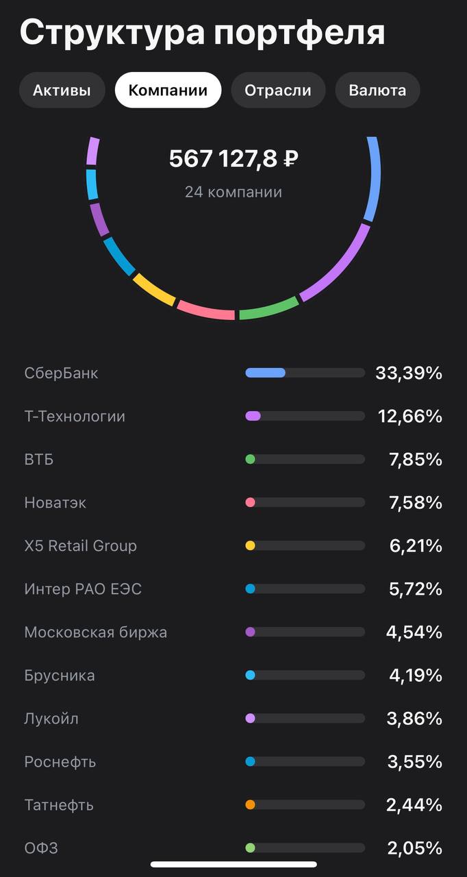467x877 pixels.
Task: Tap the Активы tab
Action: [x=62, y=90]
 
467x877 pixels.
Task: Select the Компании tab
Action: [x=168, y=90]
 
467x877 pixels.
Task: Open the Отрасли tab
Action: [x=277, y=90]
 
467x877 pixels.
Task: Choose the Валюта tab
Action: [x=377, y=90]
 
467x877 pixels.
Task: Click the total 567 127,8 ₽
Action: [x=233, y=160]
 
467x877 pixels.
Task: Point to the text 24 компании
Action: [x=233, y=192]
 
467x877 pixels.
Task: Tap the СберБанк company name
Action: [x=62, y=373]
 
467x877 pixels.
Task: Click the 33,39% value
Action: [x=409, y=373]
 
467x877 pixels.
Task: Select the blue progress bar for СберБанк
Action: [x=266, y=373]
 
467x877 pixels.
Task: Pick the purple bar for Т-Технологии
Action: [x=253, y=416]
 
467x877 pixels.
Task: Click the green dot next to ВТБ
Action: [x=250, y=459]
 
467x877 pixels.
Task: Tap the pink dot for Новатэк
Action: [x=250, y=502]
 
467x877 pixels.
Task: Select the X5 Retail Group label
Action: [x=81, y=546]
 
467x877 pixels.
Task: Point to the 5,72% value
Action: [x=416, y=589]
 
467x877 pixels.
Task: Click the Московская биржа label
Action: [x=96, y=632]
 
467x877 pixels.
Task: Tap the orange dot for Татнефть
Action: [x=250, y=805]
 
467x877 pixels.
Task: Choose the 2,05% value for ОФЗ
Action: [x=415, y=848]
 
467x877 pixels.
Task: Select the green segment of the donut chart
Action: [x=268, y=309]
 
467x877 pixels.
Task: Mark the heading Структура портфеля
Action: [x=202, y=33]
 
